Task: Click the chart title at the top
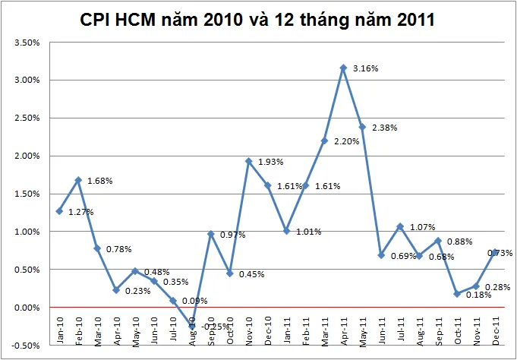pos(258,20)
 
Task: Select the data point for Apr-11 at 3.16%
pos(343,68)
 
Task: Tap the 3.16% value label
pos(365,68)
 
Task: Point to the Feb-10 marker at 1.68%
pos(78,180)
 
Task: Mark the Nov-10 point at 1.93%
pos(248,161)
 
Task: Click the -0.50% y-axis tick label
pos(27,346)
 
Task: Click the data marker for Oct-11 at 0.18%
pos(457,294)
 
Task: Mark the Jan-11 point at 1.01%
pos(286,231)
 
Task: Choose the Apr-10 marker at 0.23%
pos(116,290)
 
